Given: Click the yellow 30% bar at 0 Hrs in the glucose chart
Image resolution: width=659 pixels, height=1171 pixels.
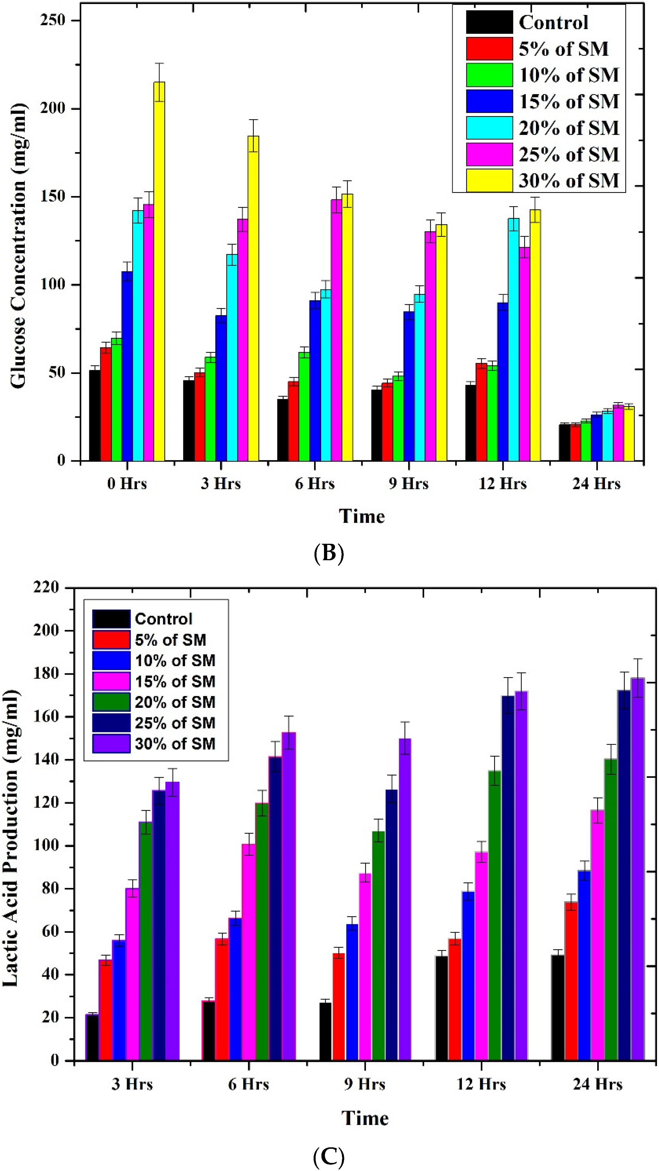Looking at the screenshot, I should point(159,273).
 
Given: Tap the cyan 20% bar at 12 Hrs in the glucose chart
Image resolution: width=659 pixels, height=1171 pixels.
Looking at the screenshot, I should point(513,341).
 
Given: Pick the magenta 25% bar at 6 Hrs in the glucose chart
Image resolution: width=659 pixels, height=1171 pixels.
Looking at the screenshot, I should point(336,332).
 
